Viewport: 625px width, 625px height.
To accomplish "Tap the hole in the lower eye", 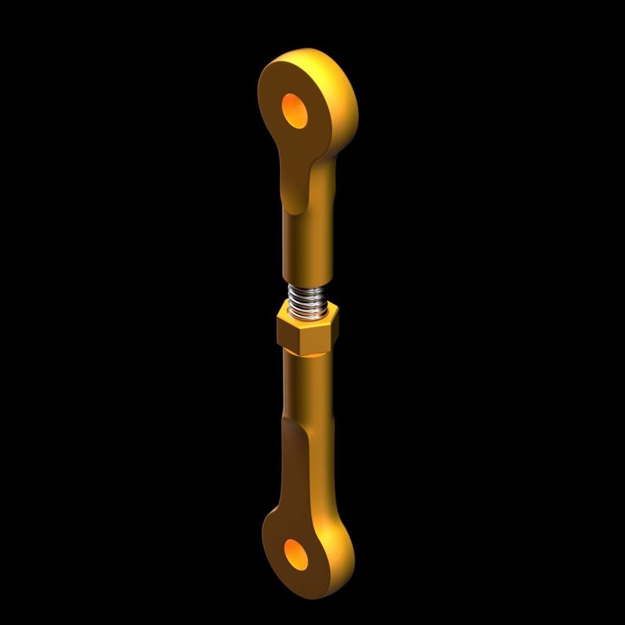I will (297, 553).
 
